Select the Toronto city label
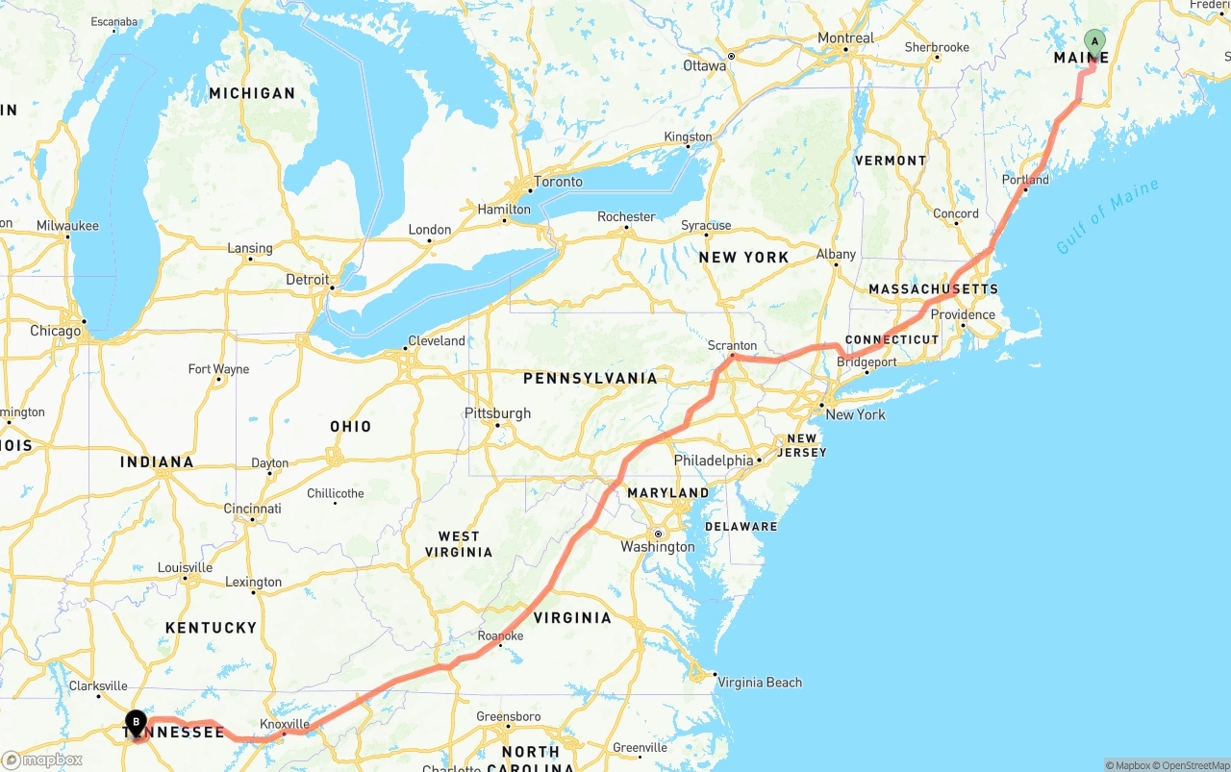pyautogui.click(x=558, y=182)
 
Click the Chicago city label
pyautogui.click(x=56, y=331)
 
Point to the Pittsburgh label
pyautogui.click(x=497, y=413)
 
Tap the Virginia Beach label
pyautogui.click(x=759, y=683)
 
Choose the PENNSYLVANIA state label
pyautogui.click(x=590, y=378)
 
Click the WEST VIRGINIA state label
pyautogui.click(x=459, y=544)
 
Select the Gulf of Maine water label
pyautogui.click(x=1107, y=216)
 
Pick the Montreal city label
pyautogui.click(x=845, y=38)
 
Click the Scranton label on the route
pyautogui.click(x=732, y=346)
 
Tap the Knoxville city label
pyautogui.click(x=285, y=724)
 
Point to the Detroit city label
pyautogui.click(x=308, y=280)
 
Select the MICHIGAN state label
pyautogui.click(x=252, y=93)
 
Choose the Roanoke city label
pyautogui.click(x=500, y=636)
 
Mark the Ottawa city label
pyautogui.click(x=704, y=66)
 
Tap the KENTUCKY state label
pyautogui.click(x=211, y=628)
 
